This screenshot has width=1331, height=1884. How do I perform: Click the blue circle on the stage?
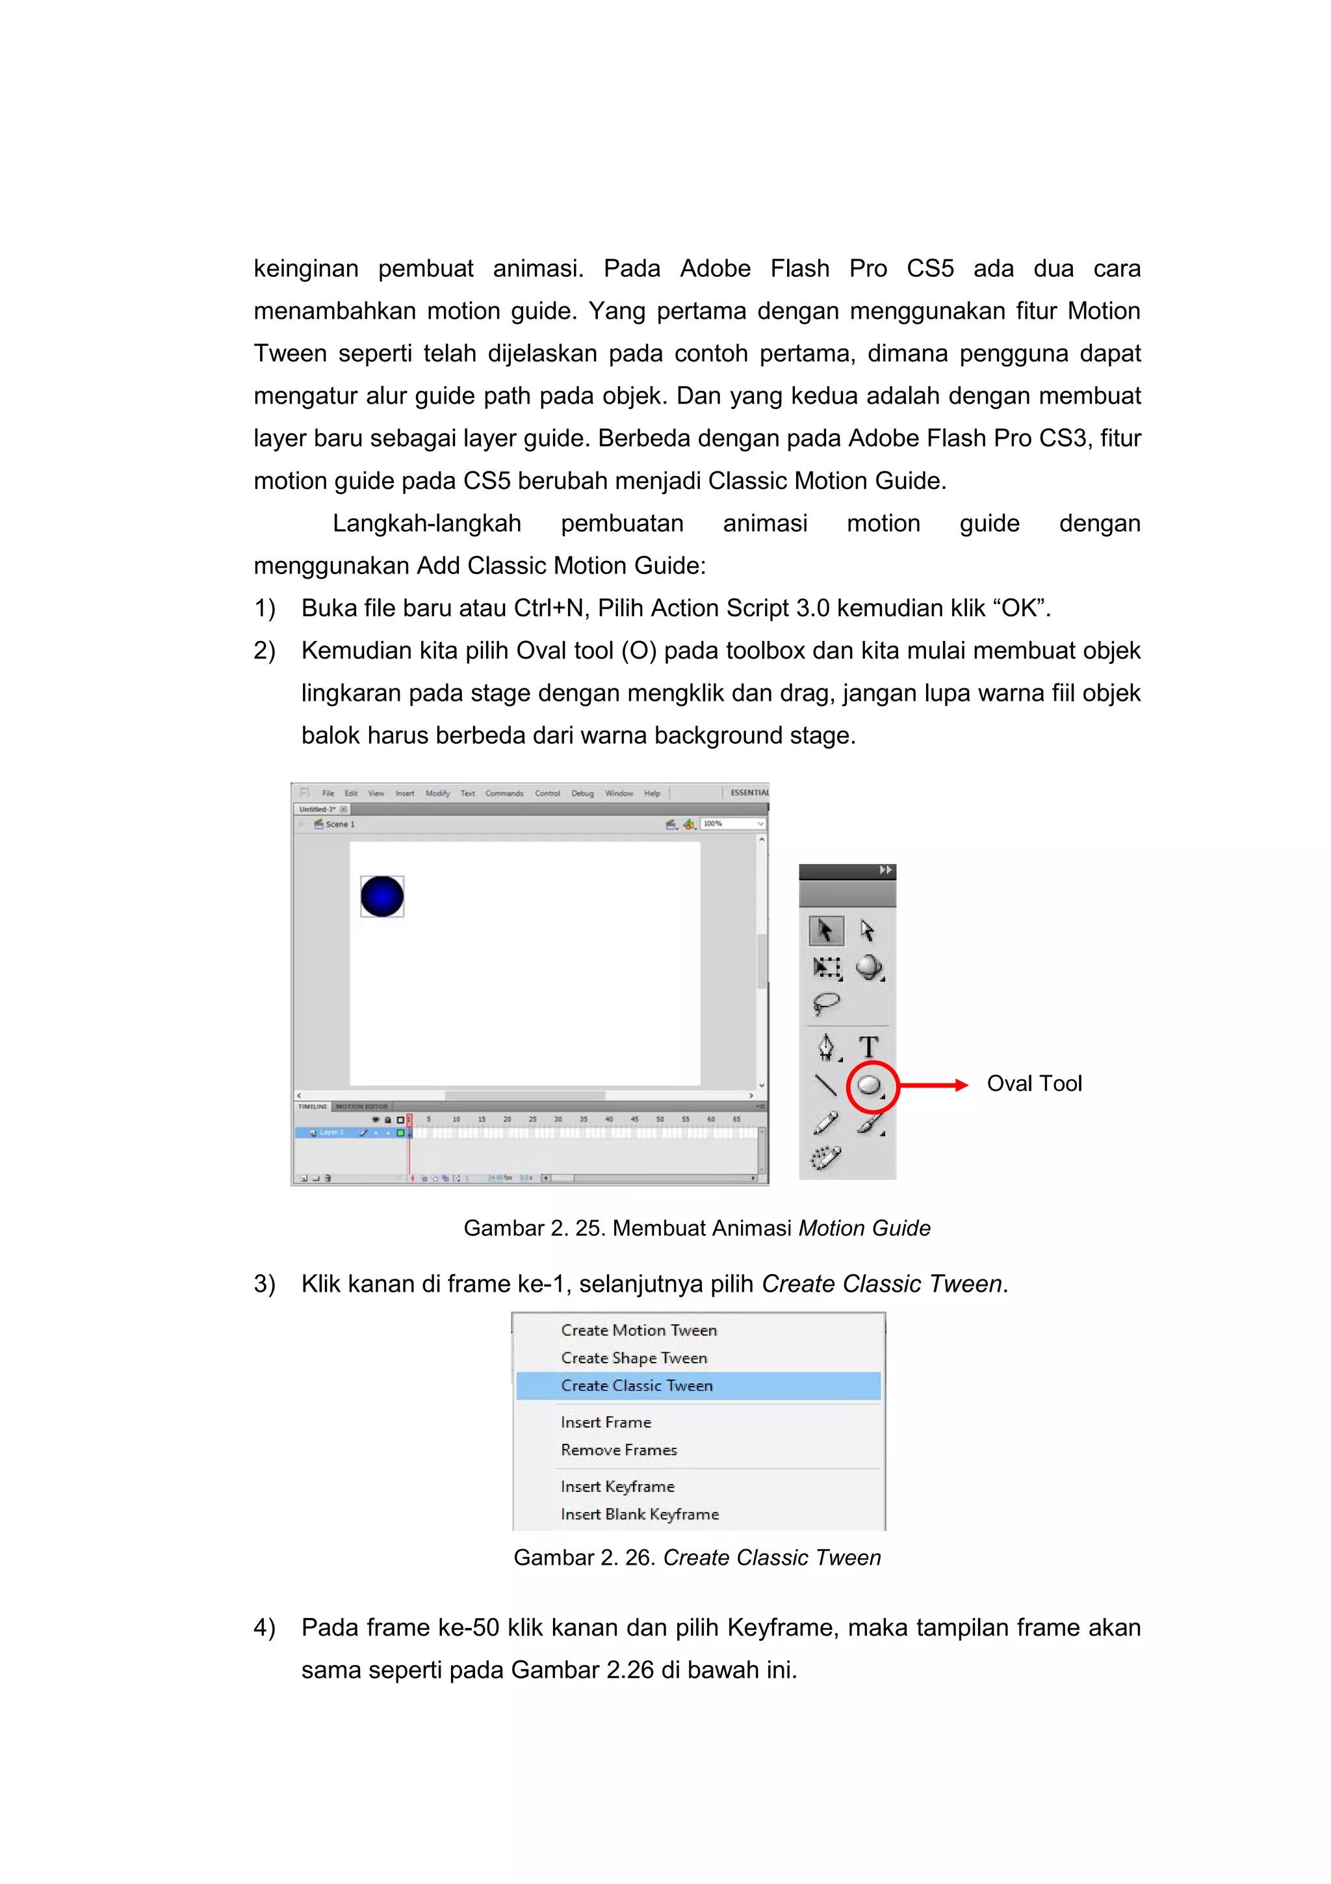382,895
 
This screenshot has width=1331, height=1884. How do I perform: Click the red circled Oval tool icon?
870,1086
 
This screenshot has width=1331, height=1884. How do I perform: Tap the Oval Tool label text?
1033,1084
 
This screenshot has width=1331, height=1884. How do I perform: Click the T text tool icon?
868,1047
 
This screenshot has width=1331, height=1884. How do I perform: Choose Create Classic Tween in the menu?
637,1385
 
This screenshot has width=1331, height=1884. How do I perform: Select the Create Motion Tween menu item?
639,1330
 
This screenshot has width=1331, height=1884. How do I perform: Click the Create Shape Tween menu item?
634,1358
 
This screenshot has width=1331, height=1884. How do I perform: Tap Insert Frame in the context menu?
606,1422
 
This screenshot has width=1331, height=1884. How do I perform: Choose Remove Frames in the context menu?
619,1450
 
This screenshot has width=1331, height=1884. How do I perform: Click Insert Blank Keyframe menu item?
640,1514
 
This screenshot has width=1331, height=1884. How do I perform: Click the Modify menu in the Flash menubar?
437,794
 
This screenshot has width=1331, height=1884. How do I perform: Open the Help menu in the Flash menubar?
652,794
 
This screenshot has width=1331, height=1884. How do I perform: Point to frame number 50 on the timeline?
660,1119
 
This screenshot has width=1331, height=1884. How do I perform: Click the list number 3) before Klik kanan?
264,1284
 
